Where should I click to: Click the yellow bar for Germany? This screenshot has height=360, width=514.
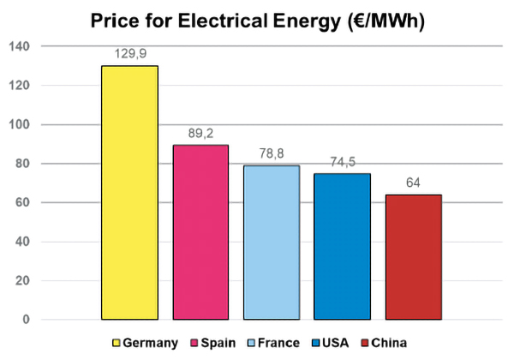coord(129,193)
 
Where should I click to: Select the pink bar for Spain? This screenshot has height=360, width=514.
coord(200,232)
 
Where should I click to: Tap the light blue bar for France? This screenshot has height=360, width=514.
coord(271,243)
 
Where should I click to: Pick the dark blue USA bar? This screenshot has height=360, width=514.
coord(342,247)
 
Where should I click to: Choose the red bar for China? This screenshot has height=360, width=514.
coord(413,257)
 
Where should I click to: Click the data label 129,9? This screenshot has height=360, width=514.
coord(129,53)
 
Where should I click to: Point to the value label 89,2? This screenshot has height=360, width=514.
coord(200,133)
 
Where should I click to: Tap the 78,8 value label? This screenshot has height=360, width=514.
coord(271,153)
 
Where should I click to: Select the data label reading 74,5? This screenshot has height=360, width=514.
coord(342,162)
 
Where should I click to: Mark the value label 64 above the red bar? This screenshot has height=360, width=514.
coord(413,183)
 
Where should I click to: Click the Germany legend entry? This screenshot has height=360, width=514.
coord(145,343)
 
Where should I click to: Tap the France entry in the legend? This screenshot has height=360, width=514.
coord(272,343)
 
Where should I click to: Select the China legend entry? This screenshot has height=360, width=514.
coord(383,343)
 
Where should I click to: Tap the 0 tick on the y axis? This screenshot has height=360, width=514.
coord(26,320)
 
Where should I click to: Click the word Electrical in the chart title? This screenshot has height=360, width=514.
coord(232,18)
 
